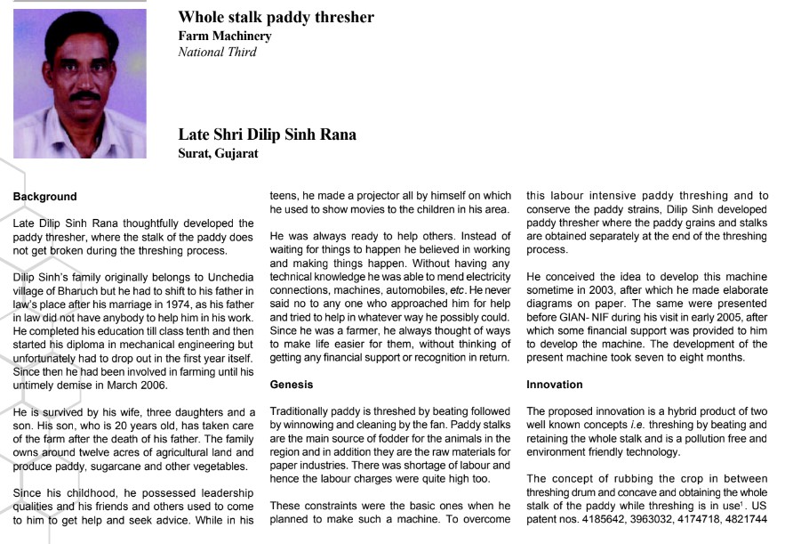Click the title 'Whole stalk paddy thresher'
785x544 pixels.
point(276,18)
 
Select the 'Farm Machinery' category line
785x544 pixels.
point(225,37)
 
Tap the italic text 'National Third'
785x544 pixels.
point(217,53)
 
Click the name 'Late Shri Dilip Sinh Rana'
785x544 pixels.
point(267,135)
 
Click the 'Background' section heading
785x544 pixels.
point(44,196)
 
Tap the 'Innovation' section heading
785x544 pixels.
point(555,386)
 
